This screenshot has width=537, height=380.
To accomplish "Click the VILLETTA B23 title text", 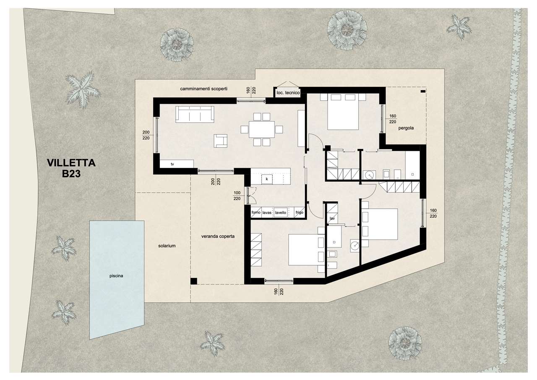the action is click(71, 168).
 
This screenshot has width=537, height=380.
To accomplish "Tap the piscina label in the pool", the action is click(116, 276).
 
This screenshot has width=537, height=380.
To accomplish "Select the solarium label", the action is click(167, 246).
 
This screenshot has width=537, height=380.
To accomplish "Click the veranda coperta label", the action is click(218, 236).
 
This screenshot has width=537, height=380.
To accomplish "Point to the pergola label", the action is click(406, 128).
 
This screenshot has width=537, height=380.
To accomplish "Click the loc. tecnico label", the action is click(288, 93).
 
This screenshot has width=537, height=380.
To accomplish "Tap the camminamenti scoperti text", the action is click(204, 89).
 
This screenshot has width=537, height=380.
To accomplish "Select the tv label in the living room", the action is click(172, 164).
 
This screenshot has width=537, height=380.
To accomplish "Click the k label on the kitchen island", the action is click(267, 179).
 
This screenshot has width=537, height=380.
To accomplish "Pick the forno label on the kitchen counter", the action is click(256, 212).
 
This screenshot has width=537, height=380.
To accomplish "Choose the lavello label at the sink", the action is click(281, 212).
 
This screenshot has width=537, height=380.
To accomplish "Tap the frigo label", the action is click(300, 212).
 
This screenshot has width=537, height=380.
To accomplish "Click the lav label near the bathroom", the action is click(332, 218).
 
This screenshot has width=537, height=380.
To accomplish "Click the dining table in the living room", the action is click(261, 130).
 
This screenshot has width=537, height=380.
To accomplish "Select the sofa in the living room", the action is click(195, 114).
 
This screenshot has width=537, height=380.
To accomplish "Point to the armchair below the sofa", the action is click(221, 141).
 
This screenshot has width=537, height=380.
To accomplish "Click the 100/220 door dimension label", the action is click(237, 196).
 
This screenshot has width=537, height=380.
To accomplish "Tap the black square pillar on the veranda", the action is click(194, 281).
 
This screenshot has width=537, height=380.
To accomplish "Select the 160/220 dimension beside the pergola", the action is click(393, 119).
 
